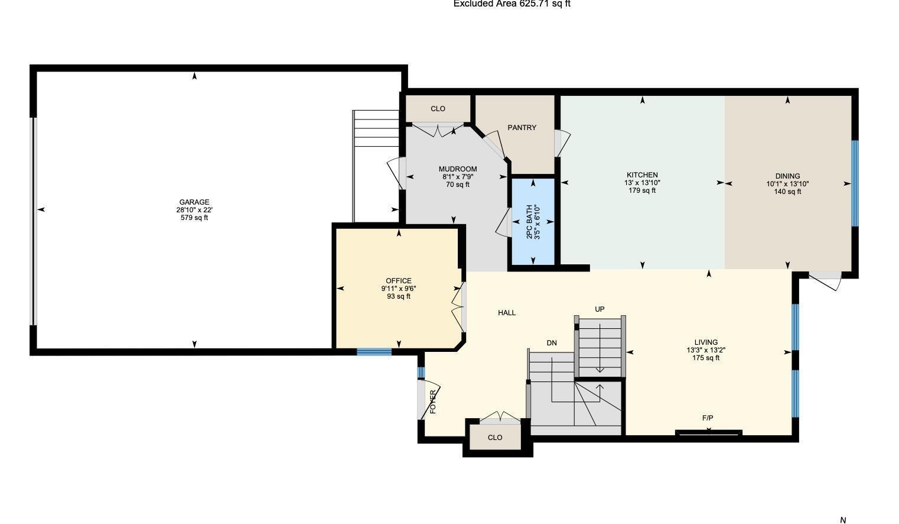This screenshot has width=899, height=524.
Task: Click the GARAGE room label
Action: [194, 202]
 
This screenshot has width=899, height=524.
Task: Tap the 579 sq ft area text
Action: [194, 218]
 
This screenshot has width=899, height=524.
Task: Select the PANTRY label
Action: [522, 128]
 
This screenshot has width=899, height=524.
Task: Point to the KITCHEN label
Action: [642, 175]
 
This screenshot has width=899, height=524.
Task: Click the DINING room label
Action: [787, 176]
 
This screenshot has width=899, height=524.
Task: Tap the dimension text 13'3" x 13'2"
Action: [706, 350]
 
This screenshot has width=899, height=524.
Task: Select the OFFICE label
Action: [399, 281]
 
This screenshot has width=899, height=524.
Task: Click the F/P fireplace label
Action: [708, 418]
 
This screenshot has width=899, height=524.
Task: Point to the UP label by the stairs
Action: [600, 309]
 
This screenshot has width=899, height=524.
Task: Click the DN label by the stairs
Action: [552, 343]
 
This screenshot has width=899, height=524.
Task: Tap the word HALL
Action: [507, 313]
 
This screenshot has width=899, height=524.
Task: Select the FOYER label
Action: [433, 402]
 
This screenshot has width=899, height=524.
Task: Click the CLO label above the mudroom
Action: [438, 109]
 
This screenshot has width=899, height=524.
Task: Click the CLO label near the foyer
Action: [495, 438]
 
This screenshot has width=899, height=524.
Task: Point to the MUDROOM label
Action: [458, 169]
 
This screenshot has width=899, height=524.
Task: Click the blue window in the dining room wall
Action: [854, 183]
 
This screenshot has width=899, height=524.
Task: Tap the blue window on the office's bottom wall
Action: [374, 352]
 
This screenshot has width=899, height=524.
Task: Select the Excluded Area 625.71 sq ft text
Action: [512, 4]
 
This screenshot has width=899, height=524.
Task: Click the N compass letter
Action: [843, 520]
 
